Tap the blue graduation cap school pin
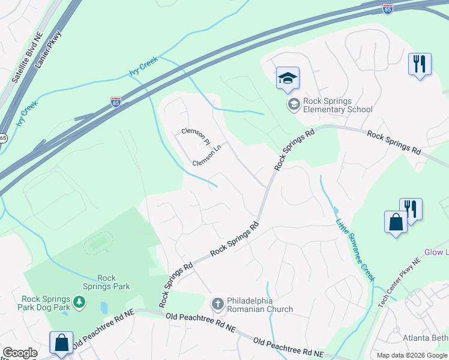(288, 79)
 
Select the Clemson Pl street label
(195, 136)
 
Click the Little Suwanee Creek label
(355, 250)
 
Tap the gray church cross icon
(218, 304)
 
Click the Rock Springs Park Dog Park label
(44, 303)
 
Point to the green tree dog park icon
(79, 299)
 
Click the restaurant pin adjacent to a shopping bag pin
(411, 209)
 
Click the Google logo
(20, 353)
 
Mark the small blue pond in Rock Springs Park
(104, 308)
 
